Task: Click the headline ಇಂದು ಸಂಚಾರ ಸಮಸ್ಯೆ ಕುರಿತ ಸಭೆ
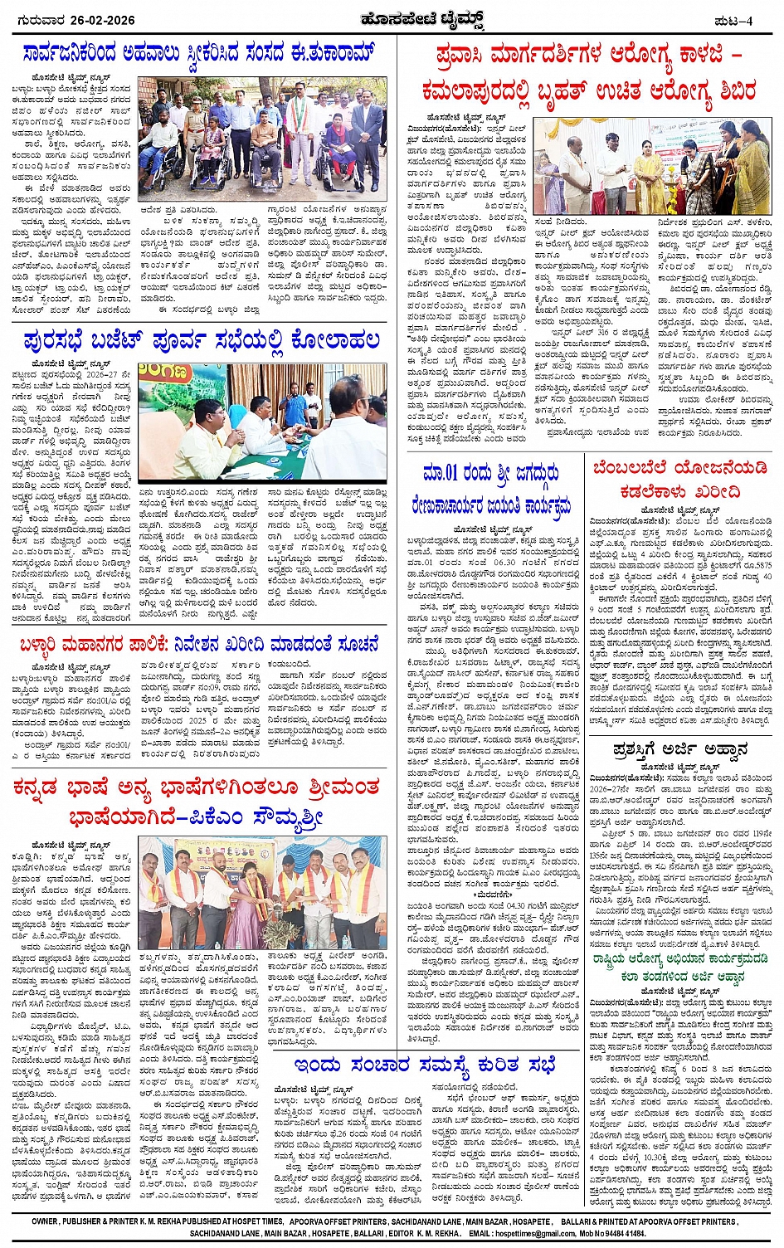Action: pos(425,1065)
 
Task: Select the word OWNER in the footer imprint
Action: pos(46,1222)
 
